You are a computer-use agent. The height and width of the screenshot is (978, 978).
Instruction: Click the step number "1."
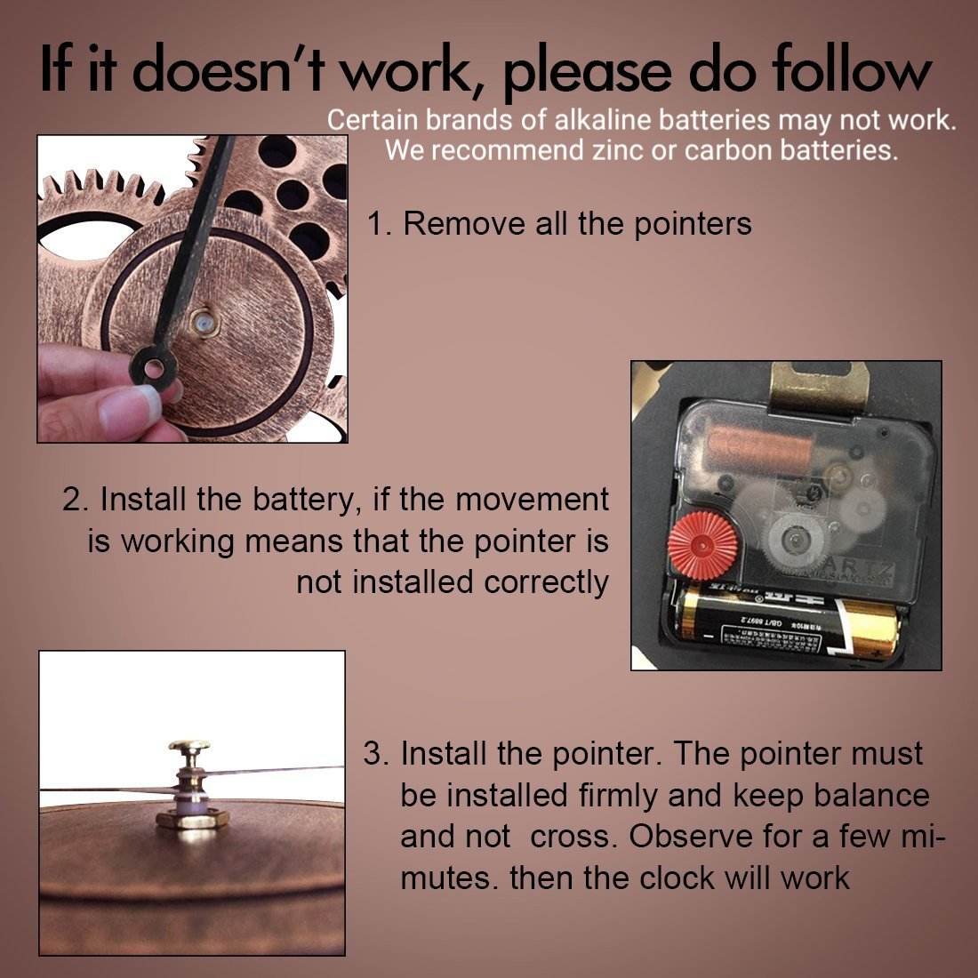(380, 223)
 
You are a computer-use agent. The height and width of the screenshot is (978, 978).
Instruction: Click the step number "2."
(77, 500)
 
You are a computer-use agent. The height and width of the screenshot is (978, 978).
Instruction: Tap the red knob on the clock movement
(702, 546)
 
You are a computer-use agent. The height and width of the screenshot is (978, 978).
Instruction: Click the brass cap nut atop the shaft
(189, 747)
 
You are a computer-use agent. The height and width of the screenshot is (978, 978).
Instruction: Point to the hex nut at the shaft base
(192, 818)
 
